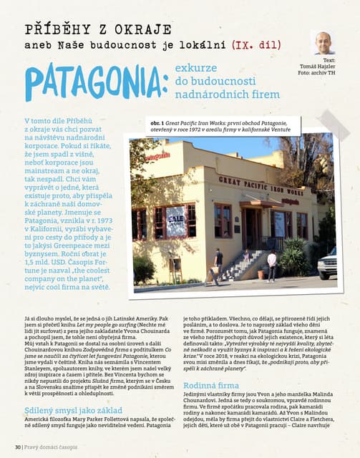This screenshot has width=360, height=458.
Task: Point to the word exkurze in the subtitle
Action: (x=195, y=67)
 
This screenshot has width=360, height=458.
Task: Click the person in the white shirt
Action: (x=271, y=265)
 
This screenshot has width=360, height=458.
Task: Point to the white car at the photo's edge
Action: (x=328, y=263)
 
